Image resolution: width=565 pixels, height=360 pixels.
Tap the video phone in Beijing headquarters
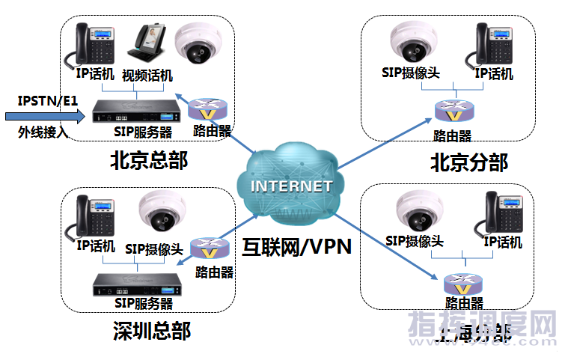147,45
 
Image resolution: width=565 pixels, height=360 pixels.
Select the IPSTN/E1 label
48,100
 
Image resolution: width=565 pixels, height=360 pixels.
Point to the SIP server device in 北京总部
135,115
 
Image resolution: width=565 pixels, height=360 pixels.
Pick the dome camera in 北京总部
198,43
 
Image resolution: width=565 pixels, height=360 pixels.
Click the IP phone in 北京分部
495,44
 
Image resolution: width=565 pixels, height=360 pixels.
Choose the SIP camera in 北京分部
414,43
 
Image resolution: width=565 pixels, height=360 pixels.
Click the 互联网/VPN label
297,246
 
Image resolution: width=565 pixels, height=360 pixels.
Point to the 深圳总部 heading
152,329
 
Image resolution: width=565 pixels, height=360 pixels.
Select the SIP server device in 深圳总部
135,284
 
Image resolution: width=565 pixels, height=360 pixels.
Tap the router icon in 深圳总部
207,248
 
